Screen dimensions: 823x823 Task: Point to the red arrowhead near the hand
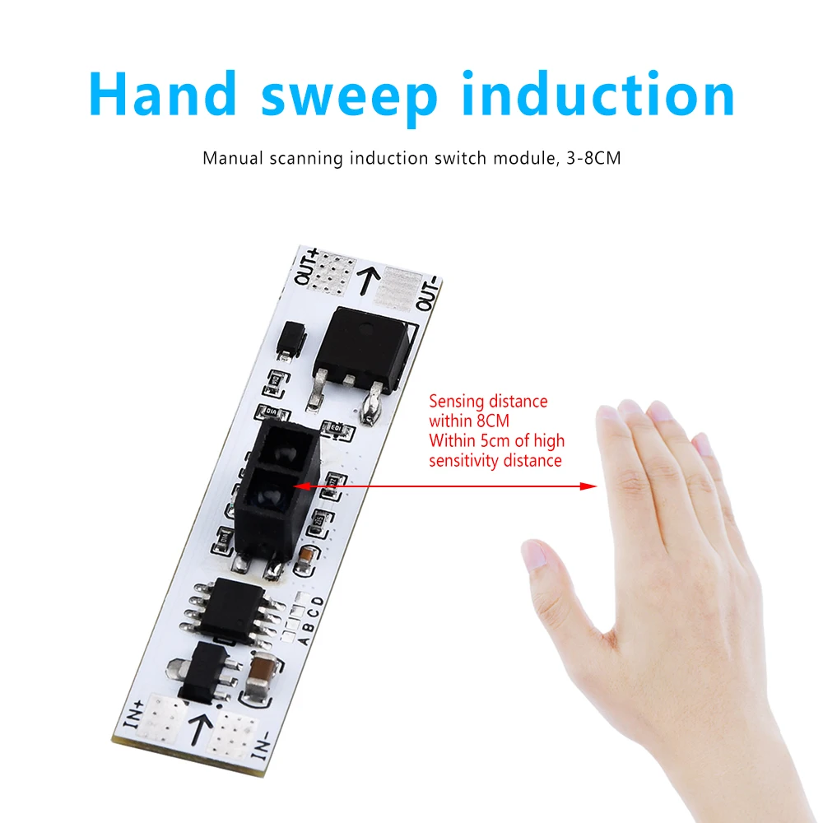[x=589, y=486]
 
